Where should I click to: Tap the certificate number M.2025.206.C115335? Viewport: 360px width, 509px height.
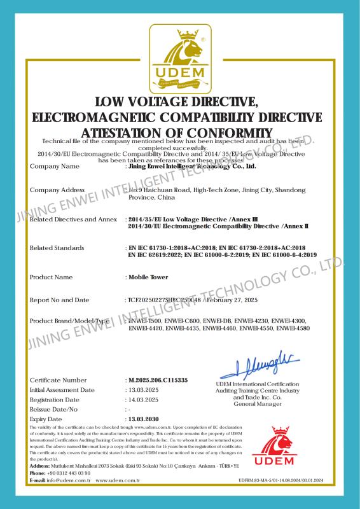click(158, 380)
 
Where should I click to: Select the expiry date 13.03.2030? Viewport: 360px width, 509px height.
click(142, 420)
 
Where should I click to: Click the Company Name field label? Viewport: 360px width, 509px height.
click(55, 167)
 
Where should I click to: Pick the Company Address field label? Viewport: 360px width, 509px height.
click(58, 190)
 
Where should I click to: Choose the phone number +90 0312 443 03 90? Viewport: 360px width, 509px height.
click(69, 474)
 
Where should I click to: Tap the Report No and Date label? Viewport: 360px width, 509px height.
click(60, 300)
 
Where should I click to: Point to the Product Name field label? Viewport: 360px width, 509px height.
click(52, 277)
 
